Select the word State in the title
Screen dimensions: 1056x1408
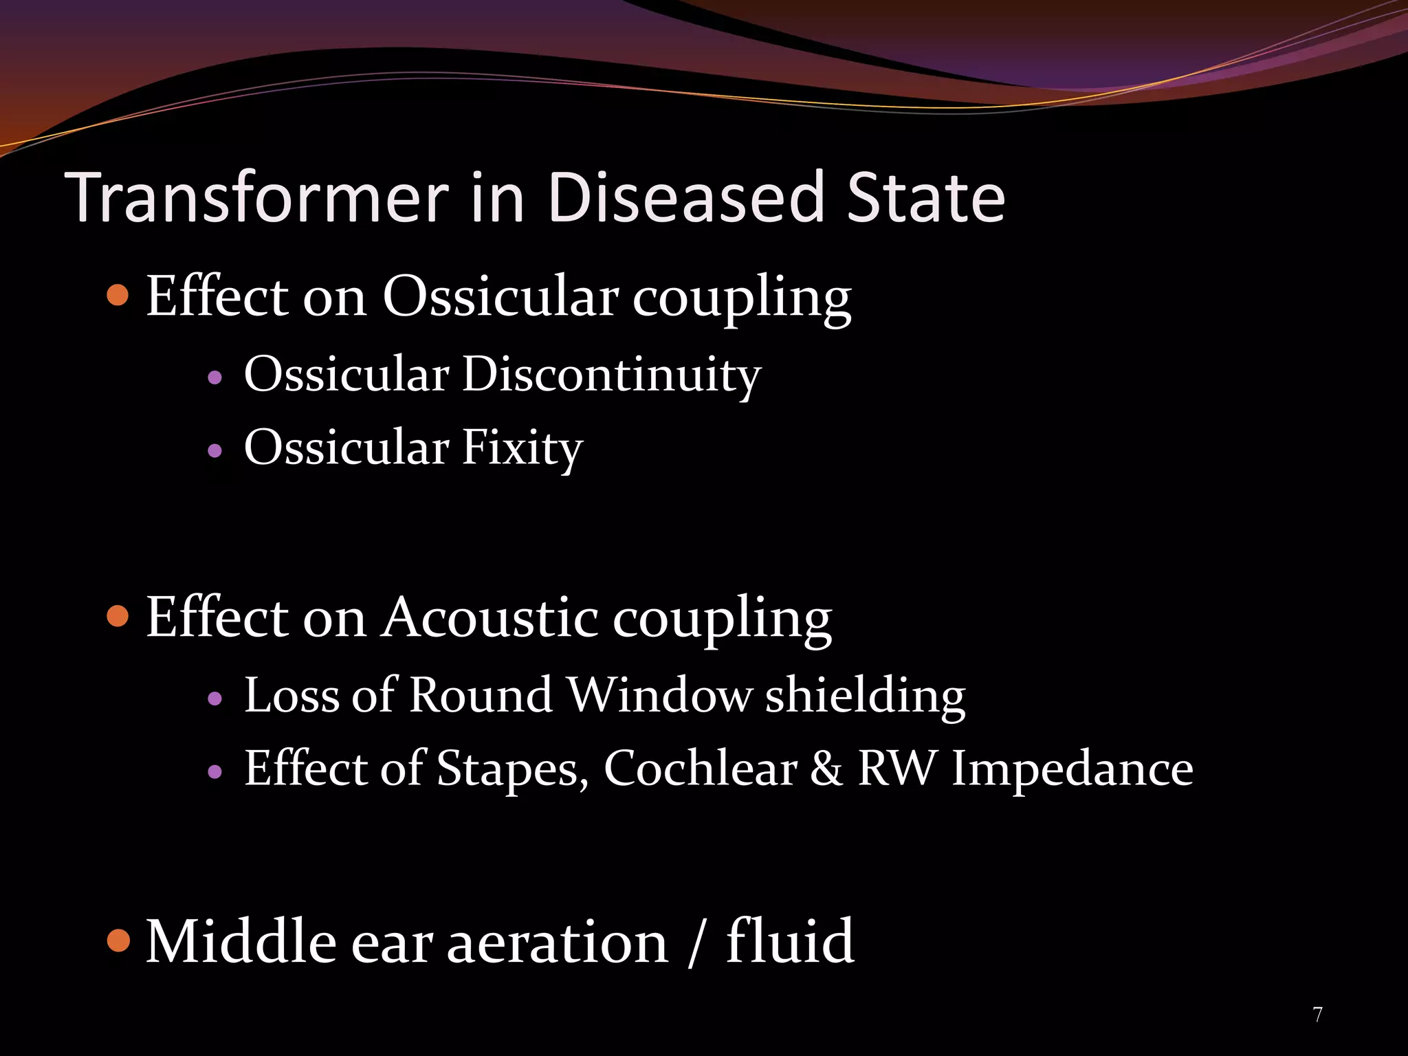pyautogui.click(x=926, y=198)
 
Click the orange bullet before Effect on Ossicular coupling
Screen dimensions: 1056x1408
pyautogui.click(x=119, y=296)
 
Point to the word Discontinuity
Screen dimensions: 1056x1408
pyautogui.click(x=611, y=375)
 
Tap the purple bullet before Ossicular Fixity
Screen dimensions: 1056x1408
pyautogui.click(x=215, y=451)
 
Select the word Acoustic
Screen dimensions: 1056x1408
pyautogui.click(x=490, y=617)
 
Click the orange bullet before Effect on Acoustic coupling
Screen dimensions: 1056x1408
pyautogui.click(x=119, y=616)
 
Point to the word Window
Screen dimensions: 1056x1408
pyautogui.click(x=659, y=695)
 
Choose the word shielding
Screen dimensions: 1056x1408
pyautogui.click(x=865, y=695)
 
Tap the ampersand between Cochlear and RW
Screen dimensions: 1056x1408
pyautogui.click(x=826, y=769)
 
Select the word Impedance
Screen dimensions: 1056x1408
pyautogui.click(x=1072, y=769)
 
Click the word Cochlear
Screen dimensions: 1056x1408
pyautogui.click(x=701, y=769)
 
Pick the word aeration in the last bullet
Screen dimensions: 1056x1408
pyautogui.click(x=557, y=943)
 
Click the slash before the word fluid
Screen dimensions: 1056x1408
pyautogui.click(x=696, y=943)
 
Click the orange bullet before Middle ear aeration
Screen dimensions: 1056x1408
pyautogui.click(x=119, y=940)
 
